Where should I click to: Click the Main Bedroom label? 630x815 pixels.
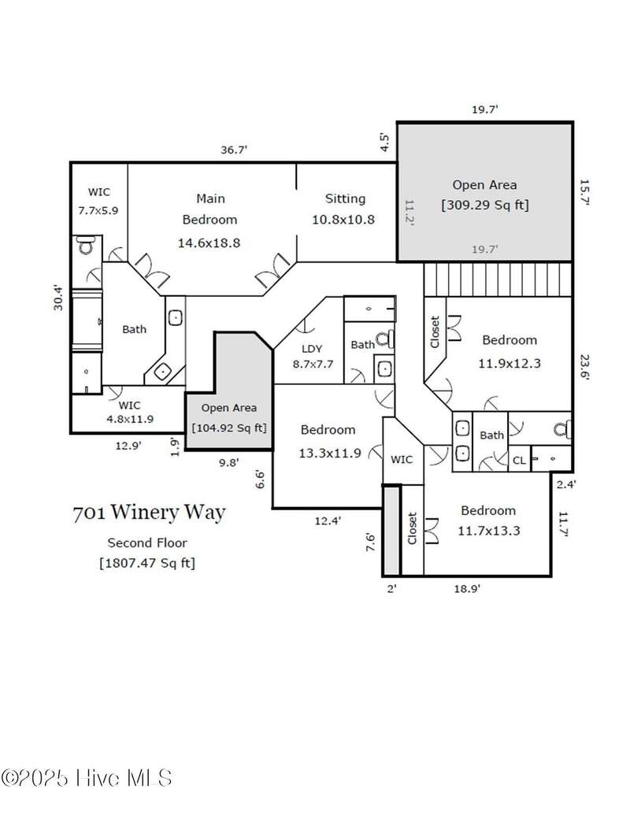click(x=209, y=209)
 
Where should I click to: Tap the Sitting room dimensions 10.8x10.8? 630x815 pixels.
click(x=343, y=220)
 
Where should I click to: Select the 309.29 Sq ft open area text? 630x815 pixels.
click(x=485, y=205)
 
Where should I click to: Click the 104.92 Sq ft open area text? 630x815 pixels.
click(x=228, y=428)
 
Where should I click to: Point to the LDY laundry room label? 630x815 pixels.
click(x=312, y=349)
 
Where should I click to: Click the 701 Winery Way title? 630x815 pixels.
click(x=149, y=513)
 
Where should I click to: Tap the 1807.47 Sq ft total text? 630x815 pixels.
click(x=147, y=563)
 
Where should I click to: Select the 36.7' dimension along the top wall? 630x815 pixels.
click(x=234, y=150)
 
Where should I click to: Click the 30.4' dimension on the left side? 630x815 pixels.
click(x=57, y=298)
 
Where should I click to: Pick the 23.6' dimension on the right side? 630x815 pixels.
click(x=584, y=368)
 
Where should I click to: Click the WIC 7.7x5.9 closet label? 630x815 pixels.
click(x=98, y=201)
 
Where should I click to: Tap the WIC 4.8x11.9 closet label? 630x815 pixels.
click(x=130, y=412)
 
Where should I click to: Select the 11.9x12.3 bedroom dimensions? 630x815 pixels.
click(x=510, y=363)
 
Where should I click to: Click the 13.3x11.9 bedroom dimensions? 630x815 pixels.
click(x=329, y=454)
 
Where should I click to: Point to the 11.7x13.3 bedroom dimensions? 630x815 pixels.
click(x=488, y=531)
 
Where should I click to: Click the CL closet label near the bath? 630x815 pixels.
click(x=519, y=461)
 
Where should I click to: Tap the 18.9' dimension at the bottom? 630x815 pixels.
click(x=467, y=588)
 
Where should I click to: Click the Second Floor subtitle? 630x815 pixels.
click(x=147, y=543)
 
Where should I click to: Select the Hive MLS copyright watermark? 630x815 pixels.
click(x=87, y=778)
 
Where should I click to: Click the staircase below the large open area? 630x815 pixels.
click(x=498, y=279)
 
